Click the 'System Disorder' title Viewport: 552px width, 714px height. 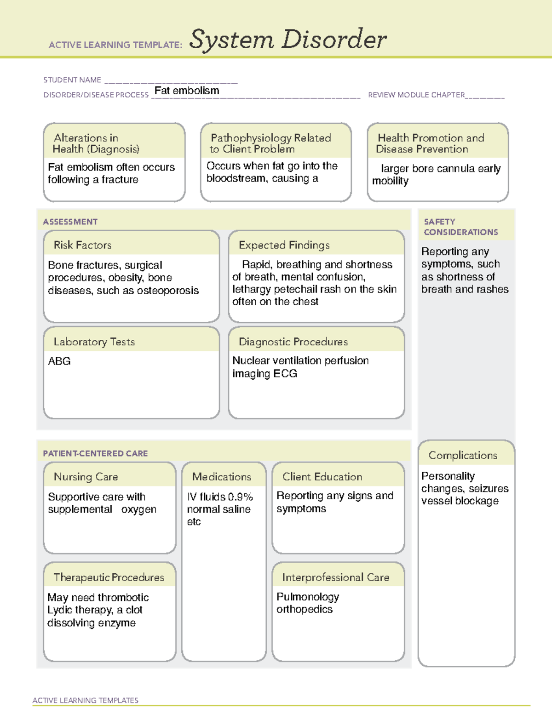tap(287, 40)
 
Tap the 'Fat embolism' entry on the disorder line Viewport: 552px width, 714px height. tap(187, 91)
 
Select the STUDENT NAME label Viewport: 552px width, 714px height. tap(72, 80)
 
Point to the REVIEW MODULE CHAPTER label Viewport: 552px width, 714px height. tap(416, 95)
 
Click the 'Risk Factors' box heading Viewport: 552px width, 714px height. tap(82, 245)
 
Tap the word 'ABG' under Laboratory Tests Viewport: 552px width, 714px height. tap(59, 361)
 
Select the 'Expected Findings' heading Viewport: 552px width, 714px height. tap(284, 245)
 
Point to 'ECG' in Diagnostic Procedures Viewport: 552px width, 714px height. tap(285, 373)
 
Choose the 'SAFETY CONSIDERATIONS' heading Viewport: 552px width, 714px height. tap(460, 227)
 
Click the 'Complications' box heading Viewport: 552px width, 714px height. tap(463, 455)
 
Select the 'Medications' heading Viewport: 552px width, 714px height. tap(222, 477)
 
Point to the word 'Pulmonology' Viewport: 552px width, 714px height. tap(308, 597)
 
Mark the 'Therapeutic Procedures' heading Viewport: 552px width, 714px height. tap(109, 577)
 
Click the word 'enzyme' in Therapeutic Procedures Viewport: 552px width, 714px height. tap(117, 623)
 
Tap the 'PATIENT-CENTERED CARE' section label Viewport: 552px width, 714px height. tap(95, 453)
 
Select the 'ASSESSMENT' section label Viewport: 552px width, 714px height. tap(70, 222)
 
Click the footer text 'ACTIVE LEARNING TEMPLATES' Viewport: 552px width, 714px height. tap(85, 700)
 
